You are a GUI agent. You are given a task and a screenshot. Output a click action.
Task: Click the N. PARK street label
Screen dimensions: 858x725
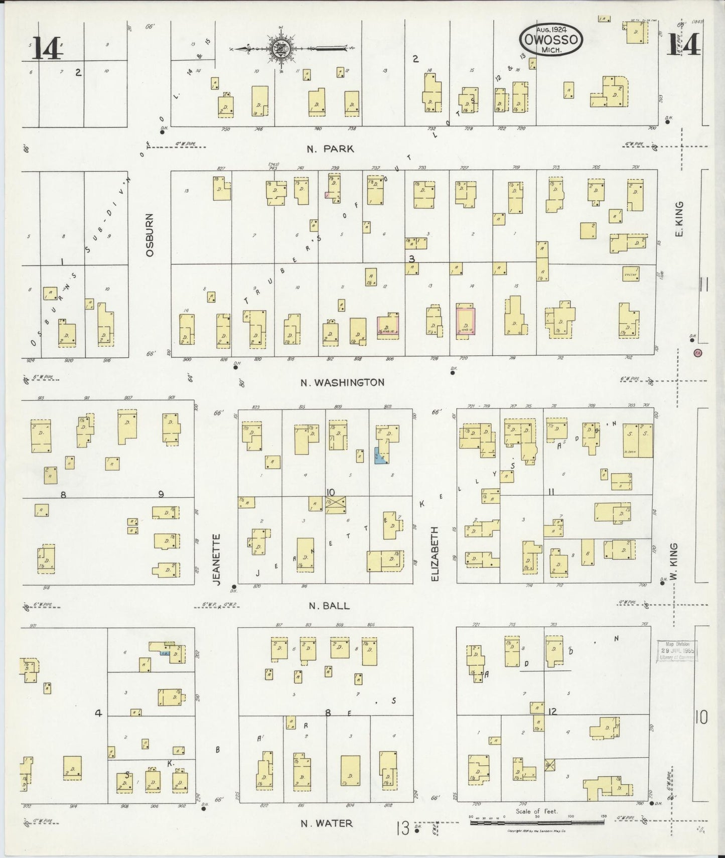(330, 149)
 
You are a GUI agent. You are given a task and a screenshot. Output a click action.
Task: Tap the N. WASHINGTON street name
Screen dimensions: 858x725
(342, 382)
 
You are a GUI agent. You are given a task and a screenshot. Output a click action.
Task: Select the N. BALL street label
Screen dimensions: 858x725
(329, 606)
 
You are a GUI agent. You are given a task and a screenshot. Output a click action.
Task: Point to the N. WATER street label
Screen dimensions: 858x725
(326, 823)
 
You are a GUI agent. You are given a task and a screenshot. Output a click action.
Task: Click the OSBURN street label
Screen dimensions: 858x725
(150, 235)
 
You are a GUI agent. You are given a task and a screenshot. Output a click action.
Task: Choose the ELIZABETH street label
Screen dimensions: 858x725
(434, 554)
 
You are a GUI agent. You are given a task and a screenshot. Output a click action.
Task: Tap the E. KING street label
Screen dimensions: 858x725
(680, 219)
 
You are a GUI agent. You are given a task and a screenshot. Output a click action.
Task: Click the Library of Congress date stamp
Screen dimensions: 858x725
(677, 651)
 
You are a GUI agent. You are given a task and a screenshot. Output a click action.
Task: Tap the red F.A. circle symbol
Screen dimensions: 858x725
(697, 353)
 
